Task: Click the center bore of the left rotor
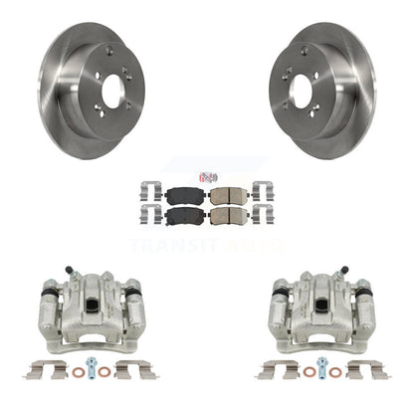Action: point(113,91)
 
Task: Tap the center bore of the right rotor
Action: point(301,91)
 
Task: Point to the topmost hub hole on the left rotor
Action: point(109,51)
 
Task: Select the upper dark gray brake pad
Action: point(181,197)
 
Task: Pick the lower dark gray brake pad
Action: point(181,216)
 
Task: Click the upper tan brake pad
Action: point(229,197)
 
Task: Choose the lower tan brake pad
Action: point(229,216)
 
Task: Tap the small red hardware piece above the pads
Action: point(207,177)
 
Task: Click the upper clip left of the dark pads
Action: point(151,191)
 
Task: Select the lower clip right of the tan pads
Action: point(263,215)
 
